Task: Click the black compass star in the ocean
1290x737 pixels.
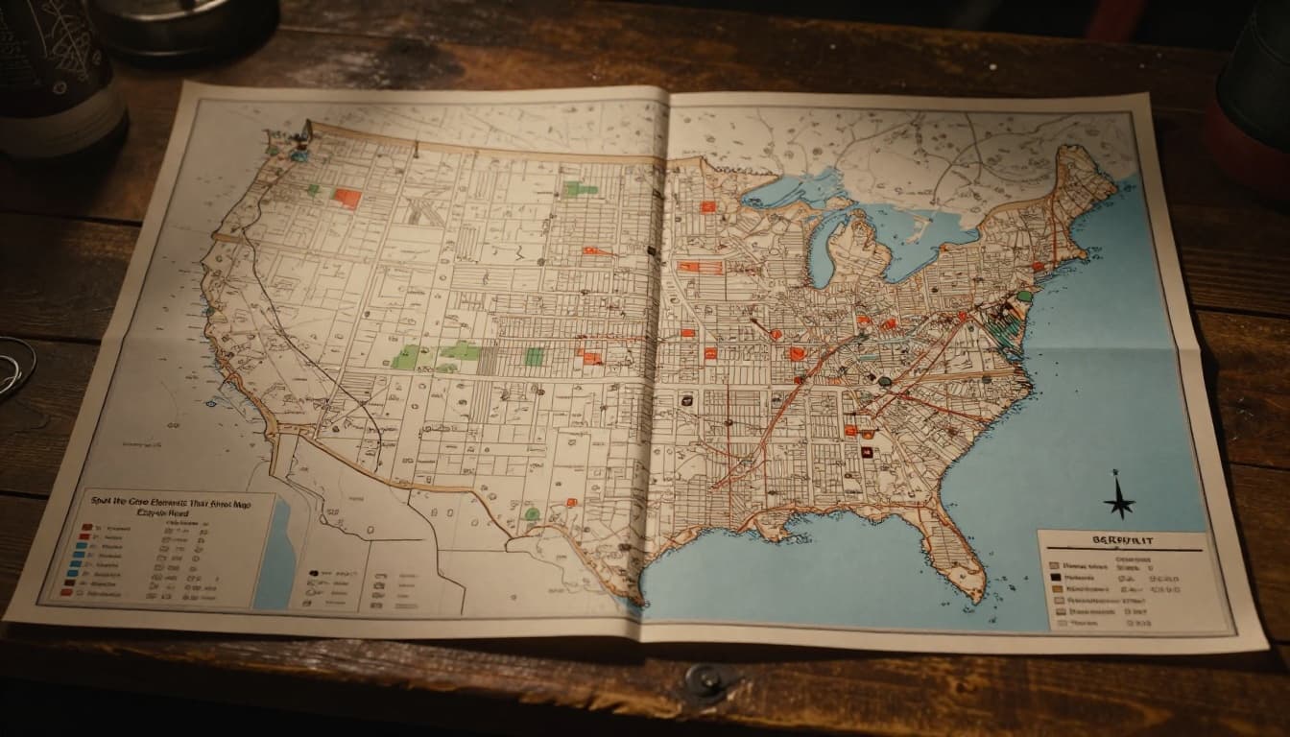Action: tap(1118, 498)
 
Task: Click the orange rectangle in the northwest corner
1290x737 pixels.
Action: tap(346, 198)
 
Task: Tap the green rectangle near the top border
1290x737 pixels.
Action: tap(580, 188)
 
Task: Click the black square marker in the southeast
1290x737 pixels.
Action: tap(867, 451)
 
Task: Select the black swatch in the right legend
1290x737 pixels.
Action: tap(1055, 579)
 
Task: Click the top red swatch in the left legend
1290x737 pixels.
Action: tap(86, 528)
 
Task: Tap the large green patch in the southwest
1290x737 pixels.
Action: tap(407, 358)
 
